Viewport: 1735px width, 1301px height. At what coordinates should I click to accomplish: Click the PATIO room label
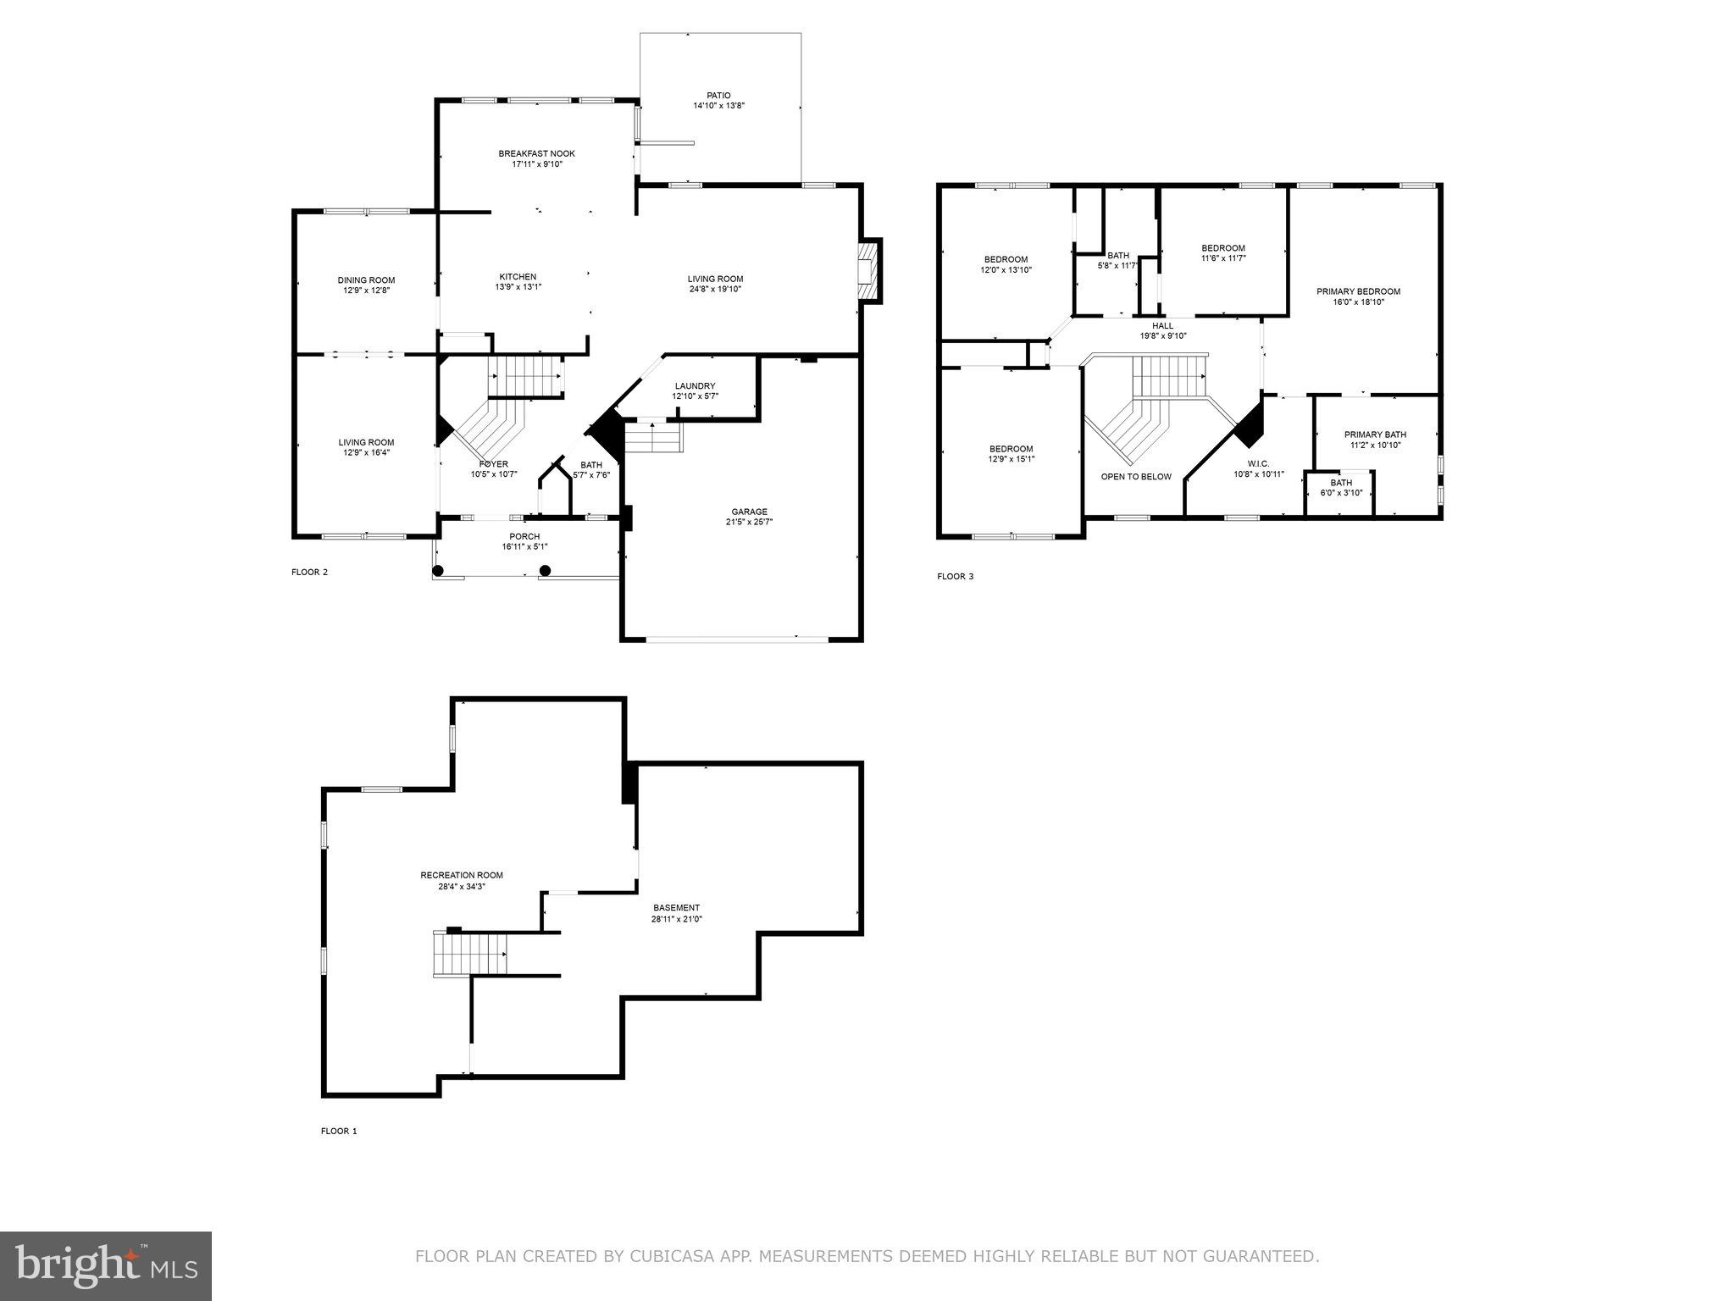coord(718,96)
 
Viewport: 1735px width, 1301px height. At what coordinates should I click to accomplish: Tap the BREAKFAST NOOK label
coord(536,153)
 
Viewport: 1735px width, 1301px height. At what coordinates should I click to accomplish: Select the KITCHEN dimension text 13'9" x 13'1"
coord(518,287)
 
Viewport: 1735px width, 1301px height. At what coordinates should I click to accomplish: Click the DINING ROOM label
coord(366,280)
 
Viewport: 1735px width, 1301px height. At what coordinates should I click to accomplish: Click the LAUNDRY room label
coord(695,385)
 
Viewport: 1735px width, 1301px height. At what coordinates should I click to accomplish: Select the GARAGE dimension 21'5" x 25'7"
coord(749,523)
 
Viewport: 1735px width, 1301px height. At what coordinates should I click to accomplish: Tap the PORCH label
coord(524,536)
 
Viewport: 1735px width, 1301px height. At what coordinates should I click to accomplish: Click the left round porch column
coord(438,571)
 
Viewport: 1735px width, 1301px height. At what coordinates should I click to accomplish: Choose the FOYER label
coord(494,463)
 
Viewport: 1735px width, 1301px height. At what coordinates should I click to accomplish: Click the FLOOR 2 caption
coord(309,572)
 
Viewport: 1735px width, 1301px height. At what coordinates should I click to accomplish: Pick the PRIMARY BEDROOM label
coord(1358,291)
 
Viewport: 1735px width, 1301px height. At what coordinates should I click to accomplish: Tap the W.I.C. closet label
coord(1258,463)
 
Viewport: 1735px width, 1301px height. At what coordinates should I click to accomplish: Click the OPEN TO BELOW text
coord(1136,477)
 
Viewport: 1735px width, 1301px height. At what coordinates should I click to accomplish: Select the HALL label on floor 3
coord(1162,325)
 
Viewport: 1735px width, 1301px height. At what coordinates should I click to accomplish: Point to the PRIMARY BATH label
coord(1375,435)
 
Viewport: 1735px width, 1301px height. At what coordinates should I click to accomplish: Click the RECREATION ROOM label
coord(462,876)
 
